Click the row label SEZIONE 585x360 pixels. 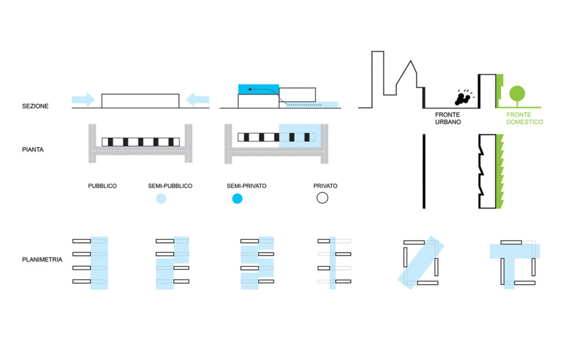click(x=35, y=106)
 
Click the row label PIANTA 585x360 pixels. click(x=33, y=150)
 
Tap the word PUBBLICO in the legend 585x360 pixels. click(x=102, y=186)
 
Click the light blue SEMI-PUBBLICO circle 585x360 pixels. click(x=161, y=199)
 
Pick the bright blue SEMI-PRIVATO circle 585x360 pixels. click(x=237, y=199)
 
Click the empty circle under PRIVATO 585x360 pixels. click(x=322, y=198)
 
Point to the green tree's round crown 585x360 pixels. click(x=517, y=93)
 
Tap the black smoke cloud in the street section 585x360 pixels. click(x=462, y=98)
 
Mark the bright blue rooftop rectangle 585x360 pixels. click(x=258, y=89)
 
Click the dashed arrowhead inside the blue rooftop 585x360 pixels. click(x=242, y=90)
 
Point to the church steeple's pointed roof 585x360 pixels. click(x=407, y=71)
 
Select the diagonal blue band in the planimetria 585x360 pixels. click(x=420, y=263)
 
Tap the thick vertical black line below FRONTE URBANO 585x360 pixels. click(x=423, y=171)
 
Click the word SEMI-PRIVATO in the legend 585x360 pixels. click(x=247, y=186)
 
